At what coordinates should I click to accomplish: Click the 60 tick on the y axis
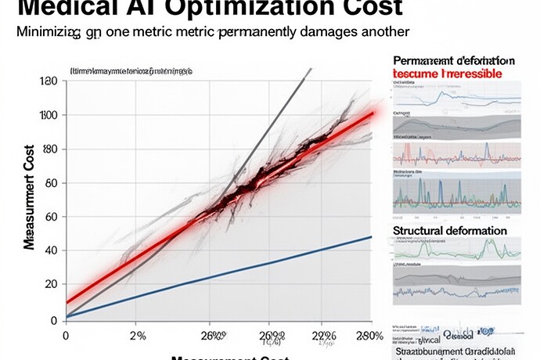52,183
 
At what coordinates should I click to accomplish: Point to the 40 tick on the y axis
52,251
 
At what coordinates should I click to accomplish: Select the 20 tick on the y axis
52,286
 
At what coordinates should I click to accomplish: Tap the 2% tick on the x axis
137,336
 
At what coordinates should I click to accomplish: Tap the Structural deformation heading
449,231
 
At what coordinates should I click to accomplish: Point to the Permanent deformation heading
453,60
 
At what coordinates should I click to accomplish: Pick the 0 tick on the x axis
66,336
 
